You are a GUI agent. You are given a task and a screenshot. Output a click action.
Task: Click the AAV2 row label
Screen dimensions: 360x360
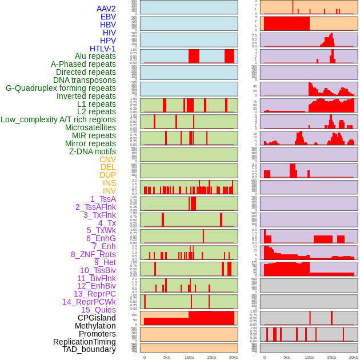106,9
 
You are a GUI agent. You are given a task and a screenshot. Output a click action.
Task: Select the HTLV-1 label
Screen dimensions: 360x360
103,49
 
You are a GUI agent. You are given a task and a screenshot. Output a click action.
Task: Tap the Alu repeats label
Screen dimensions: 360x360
95,56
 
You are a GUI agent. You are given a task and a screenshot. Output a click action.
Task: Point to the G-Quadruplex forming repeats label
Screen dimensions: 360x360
61,88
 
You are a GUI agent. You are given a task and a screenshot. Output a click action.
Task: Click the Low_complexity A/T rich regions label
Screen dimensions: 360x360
58,119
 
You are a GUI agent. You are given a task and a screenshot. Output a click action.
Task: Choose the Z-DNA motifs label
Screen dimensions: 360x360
93,151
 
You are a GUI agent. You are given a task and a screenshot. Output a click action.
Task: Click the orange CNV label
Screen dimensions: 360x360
107,159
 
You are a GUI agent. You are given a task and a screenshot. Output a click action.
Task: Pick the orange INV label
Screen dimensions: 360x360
109,191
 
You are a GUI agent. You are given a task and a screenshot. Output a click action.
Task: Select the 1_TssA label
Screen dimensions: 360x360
103,199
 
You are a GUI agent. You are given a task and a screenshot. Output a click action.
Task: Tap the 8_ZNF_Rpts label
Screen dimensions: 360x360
93,254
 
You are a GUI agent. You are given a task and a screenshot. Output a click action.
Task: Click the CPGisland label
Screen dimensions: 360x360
97,318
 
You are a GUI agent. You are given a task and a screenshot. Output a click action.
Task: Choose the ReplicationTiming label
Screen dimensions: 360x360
84,342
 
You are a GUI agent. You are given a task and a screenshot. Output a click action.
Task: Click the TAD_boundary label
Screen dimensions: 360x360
89,349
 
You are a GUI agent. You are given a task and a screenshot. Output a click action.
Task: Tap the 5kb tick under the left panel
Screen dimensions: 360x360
167,357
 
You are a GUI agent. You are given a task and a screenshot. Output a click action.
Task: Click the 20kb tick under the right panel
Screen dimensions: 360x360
354,357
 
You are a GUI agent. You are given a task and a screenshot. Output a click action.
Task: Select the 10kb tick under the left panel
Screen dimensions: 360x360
189,357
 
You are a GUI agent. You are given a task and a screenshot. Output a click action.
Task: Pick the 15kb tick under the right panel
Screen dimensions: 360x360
331,357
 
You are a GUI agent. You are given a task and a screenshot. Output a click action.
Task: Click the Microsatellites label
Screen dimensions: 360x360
90,127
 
